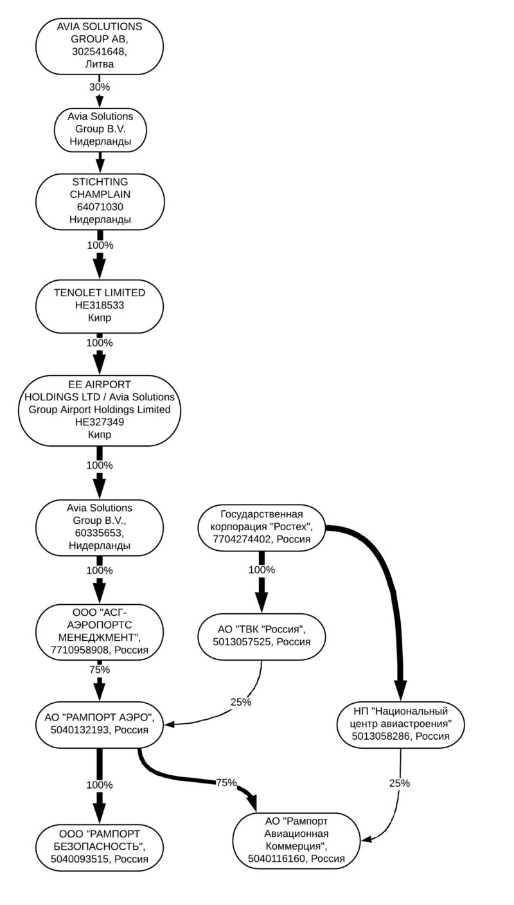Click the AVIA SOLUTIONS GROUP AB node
100,45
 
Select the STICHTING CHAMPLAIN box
100,201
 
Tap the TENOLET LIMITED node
100,305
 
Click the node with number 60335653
100,526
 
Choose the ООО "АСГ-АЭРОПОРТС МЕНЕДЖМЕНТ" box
100,631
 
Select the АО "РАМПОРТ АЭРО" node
100,724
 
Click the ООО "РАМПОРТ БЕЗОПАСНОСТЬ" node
100,846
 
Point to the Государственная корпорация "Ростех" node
261,526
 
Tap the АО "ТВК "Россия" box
261,635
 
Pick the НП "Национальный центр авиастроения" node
401,724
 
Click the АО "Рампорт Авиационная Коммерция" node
296,839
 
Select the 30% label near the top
100,86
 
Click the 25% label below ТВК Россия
241,702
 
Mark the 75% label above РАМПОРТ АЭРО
100,669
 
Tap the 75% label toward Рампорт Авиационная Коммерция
226,782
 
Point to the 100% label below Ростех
261,569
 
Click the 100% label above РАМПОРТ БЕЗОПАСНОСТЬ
100,785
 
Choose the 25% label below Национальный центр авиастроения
400,783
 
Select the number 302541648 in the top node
100,51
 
